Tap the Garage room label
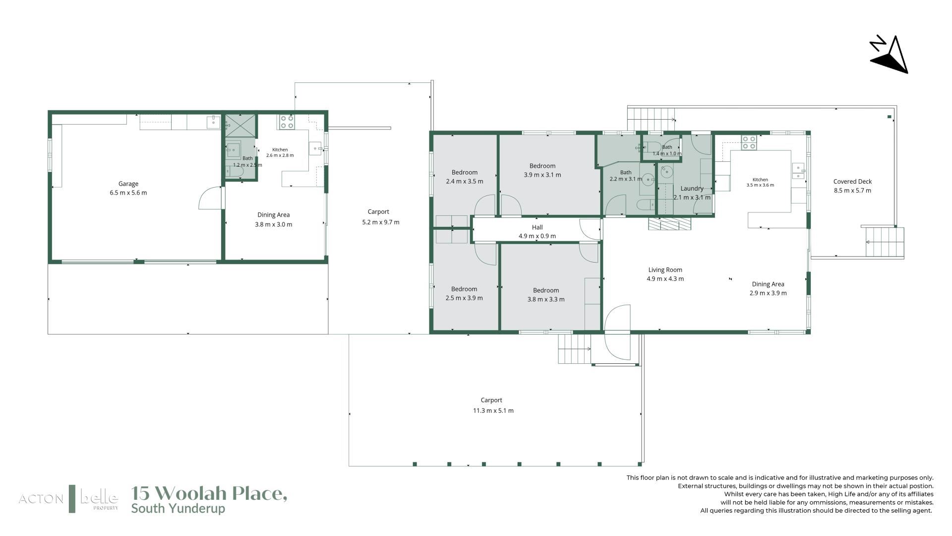pyautogui.click(x=128, y=184)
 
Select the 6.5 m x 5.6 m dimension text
pyautogui.click(x=128, y=193)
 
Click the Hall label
pyautogui.click(x=537, y=227)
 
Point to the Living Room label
pyautogui.click(x=665, y=270)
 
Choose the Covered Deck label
pyautogui.click(x=852, y=182)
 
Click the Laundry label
pyautogui.click(x=692, y=189)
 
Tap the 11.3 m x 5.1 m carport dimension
pyautogui.click(x=493, y=410)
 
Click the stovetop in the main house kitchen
pyautogui.click(x=749, y=143)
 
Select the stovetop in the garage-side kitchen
pyautogui.click(x=287, y=122)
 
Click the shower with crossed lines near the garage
pyautogui.click(x=241, y=126)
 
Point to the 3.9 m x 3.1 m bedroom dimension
pyautogui.click(x=542, y=175)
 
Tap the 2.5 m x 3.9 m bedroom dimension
pyautogui.click(x=464, y=298)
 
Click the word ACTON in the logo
pyautogui.click(x=41, y=499)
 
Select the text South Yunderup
pyautogui.click(x=178, y=509)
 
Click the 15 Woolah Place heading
pyautogui.click(x=209, y=493)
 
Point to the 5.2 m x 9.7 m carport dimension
pyautogui.click(x=380, y=222)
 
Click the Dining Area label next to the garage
pyautogui.click(x=273, y=215)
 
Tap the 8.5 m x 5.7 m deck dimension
pyautogui.click(x=852, y=191)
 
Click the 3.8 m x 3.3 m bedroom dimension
pyautogui.click(x=546, y=299)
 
